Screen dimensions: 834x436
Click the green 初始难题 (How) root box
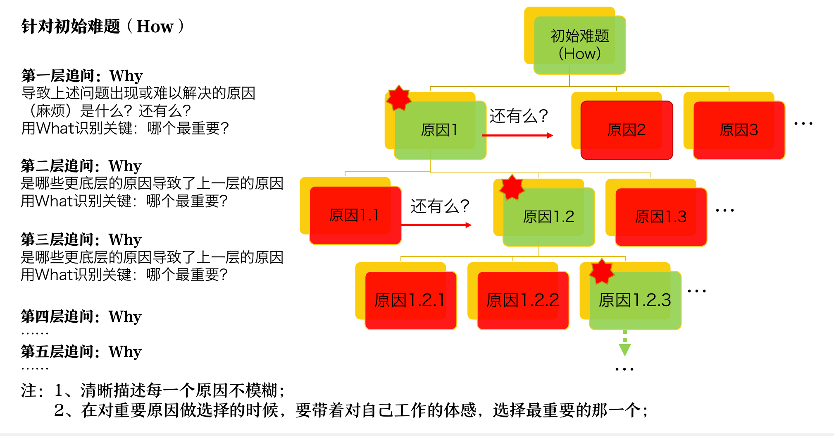pos(579,45)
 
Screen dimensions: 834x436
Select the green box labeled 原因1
pos(440,130)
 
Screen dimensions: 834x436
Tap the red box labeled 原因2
pos(627,130)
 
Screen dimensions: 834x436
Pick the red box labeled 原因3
pos(739,130)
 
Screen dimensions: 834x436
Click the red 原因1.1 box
pos(355,216)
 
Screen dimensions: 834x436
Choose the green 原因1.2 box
pos(549,217)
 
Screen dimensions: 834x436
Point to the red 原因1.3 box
pos(661,217)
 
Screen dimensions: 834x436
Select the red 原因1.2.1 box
pos(411,301)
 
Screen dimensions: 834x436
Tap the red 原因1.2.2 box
pos(523,301)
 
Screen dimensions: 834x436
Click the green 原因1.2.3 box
pos(635,301)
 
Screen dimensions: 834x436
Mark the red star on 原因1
pos(398,98)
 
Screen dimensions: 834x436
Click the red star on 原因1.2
pos(512,187)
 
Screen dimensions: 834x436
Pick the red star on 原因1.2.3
pos(602,271)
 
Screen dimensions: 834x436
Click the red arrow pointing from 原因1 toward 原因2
pos(517,135)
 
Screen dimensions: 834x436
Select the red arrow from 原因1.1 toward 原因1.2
pos(436,225)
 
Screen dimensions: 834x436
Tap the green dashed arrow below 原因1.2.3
pos(625,343)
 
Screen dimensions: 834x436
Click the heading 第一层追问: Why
pos(82,76)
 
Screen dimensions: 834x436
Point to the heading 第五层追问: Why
pos(81,352)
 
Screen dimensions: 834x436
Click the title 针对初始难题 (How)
pos(102,26)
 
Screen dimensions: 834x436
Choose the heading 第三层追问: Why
pos(81,240)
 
